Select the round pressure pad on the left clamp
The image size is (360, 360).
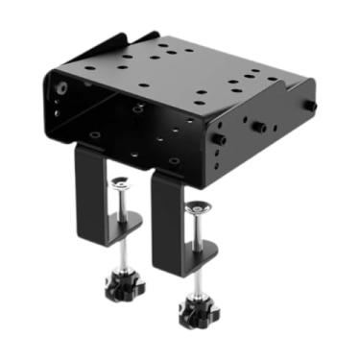[121, 183]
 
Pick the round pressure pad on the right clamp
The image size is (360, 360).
[198, 207]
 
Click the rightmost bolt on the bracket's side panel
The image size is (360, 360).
[311, 107]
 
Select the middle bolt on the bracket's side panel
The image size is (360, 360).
[260, 125]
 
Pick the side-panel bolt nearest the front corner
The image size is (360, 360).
[219, 141]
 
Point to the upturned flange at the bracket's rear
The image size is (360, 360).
[115, 42]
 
